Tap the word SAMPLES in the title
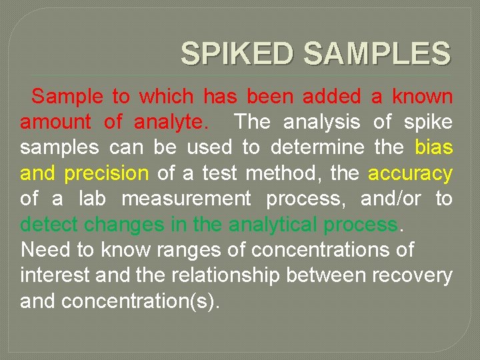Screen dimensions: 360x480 coord(377,53)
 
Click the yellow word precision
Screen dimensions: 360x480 coord(106,173)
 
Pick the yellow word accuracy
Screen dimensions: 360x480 coord(410,173)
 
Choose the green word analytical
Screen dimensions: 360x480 coord(273,225)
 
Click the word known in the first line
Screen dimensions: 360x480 coord(422,97)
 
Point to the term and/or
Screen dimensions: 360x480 coord(387,199)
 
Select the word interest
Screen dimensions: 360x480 coord(50,275)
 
